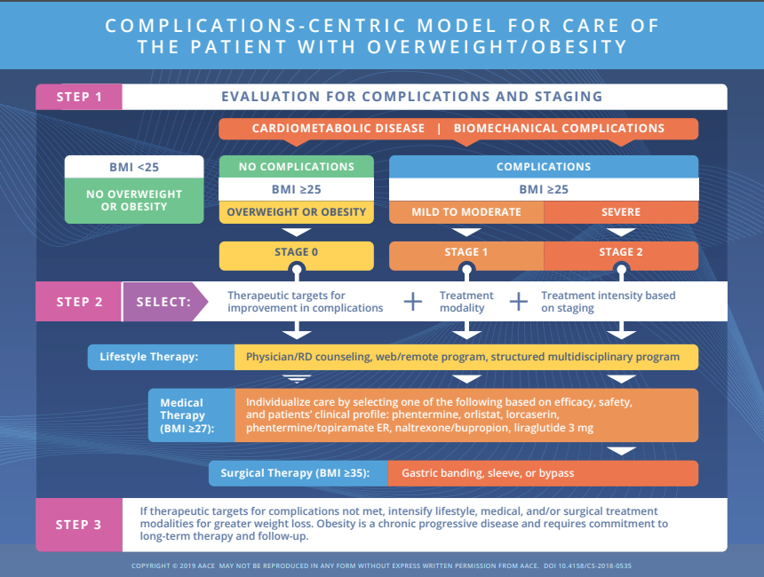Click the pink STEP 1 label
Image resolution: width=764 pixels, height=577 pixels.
click(x=79, y=97)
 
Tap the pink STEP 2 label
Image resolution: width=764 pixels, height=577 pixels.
click(x=79, y=302)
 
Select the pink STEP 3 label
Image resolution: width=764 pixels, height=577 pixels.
click(x=79, y=525)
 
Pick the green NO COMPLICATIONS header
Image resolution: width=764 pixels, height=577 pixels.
click(x=297, y=166)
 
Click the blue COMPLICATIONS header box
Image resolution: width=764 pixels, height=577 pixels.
click(x=544, y=166)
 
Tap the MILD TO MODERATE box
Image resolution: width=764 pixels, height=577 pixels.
click(x=466, y=212)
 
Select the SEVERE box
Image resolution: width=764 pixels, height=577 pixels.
click(x=620, y=212)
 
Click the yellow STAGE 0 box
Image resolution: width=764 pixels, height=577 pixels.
click(x=297, y=252)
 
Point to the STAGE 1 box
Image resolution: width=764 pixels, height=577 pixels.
click(x=466, y=252)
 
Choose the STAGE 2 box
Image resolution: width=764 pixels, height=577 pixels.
click(x=620, y=252)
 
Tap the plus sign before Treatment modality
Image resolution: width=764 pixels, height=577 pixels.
click(x=413, y=302)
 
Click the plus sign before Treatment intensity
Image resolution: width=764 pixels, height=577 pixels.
click(x=519, y=302)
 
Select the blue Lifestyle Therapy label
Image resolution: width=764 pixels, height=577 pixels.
click(x=161, y=357)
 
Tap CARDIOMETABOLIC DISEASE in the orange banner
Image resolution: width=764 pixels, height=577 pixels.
click(x=338, y=128)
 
